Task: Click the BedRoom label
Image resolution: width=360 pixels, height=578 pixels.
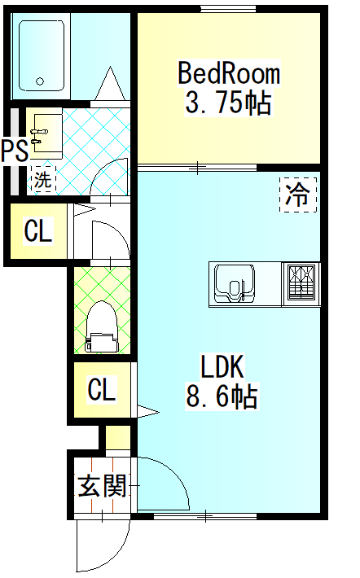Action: click(229, 73)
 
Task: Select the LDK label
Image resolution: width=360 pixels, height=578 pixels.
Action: click(222, 366)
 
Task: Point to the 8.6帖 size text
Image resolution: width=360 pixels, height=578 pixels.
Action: click(222, 396)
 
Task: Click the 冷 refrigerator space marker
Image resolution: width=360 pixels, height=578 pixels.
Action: click(298, 195)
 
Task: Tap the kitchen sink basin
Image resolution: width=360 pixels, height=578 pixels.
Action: click(235, 282)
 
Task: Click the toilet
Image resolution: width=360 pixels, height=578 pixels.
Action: click(102, 326)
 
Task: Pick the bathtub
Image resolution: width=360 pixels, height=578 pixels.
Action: click(41, 56)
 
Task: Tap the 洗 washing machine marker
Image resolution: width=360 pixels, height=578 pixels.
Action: click(42, 180)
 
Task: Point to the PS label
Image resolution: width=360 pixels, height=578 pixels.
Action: click(15, 151)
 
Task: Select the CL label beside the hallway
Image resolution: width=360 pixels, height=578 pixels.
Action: click(38, 230)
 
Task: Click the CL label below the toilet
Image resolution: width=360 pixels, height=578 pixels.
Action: click(102, 389)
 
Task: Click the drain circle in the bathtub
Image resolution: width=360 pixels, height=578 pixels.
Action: click(40, 81)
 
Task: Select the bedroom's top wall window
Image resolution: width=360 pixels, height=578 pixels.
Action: click(228, 8)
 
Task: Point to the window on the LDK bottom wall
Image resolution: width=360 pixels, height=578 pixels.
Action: click(205, 516)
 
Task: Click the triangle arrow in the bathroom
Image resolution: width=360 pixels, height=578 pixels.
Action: click(110, 83)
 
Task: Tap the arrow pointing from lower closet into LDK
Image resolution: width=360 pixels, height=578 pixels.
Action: click(148, 411)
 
